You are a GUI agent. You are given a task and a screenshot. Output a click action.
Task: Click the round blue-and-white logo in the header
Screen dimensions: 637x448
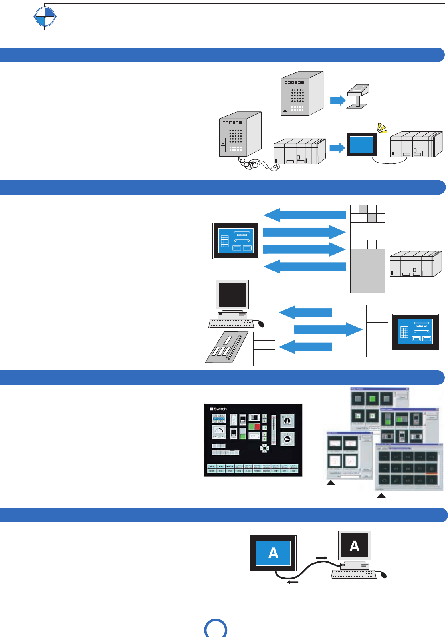pyautogui.click(x=44, y=17)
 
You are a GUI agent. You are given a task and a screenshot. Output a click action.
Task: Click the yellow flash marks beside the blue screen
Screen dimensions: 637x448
pyautogui.click(x=382, y=128)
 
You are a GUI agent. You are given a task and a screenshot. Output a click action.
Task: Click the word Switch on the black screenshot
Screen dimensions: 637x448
pyautogui.click(x=220, y=409)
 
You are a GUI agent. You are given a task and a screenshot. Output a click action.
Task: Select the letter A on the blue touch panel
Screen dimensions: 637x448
pyautogui.click(x=273, y=553)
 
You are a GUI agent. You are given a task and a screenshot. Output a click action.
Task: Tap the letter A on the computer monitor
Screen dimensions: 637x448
pyautogui.click(x=354, y=546)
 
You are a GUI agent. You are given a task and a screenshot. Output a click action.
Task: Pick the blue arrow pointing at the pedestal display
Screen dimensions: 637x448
pyautogui.click(x=337, y=100)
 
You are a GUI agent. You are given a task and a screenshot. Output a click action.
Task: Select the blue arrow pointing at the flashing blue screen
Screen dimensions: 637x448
pyautogui.click(x=337, y=148)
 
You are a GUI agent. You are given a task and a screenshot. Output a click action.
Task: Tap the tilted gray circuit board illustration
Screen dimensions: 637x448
pyautogui.click(x=226, y=347)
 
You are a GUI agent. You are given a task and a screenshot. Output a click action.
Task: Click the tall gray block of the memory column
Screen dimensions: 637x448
pyautogui.click(x=367, y=271)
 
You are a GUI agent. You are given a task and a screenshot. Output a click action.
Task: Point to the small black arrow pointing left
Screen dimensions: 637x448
pyautogui.click(x=293, y=582)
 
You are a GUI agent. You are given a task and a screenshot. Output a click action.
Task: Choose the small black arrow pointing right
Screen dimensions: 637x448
pyautogui.click(x=322, y=557)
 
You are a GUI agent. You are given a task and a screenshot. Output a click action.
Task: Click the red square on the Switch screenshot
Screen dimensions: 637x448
pyautogui.click(x=257, y=426)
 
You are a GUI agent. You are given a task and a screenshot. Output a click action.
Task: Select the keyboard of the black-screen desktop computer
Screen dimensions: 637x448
pyautogui.click(x=231, y=323)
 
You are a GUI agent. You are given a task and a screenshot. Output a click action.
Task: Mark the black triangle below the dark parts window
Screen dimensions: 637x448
pyautogui.click(x=381, y=496)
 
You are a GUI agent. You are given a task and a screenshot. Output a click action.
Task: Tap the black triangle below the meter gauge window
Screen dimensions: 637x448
pyautogui.click(x=331, y=483)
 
